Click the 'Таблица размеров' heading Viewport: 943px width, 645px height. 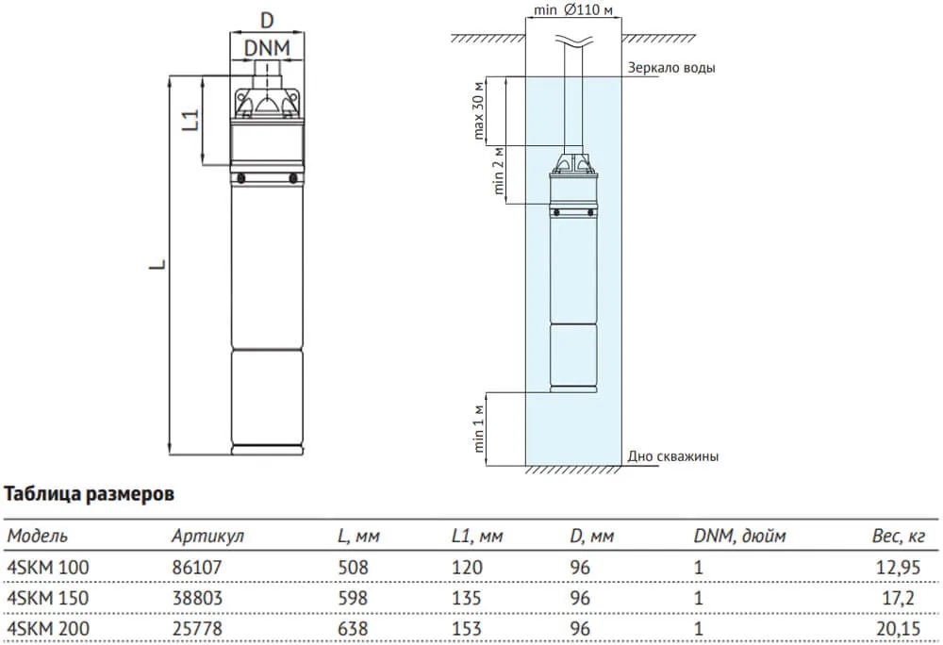pos(90,493)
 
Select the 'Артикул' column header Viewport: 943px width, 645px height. pos(207,536)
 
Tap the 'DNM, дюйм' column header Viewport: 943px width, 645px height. pos(739,536)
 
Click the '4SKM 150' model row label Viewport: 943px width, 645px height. pos(41,598)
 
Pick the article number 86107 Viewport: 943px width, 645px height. pos(192,568)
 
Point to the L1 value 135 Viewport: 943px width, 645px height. pos(467,598)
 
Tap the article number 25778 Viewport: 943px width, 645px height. pos(192,628)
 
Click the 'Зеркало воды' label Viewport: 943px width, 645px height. pos(671,69)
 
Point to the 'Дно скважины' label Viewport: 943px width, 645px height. pos(673,456)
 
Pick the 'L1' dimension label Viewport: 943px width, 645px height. pos(190,120)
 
